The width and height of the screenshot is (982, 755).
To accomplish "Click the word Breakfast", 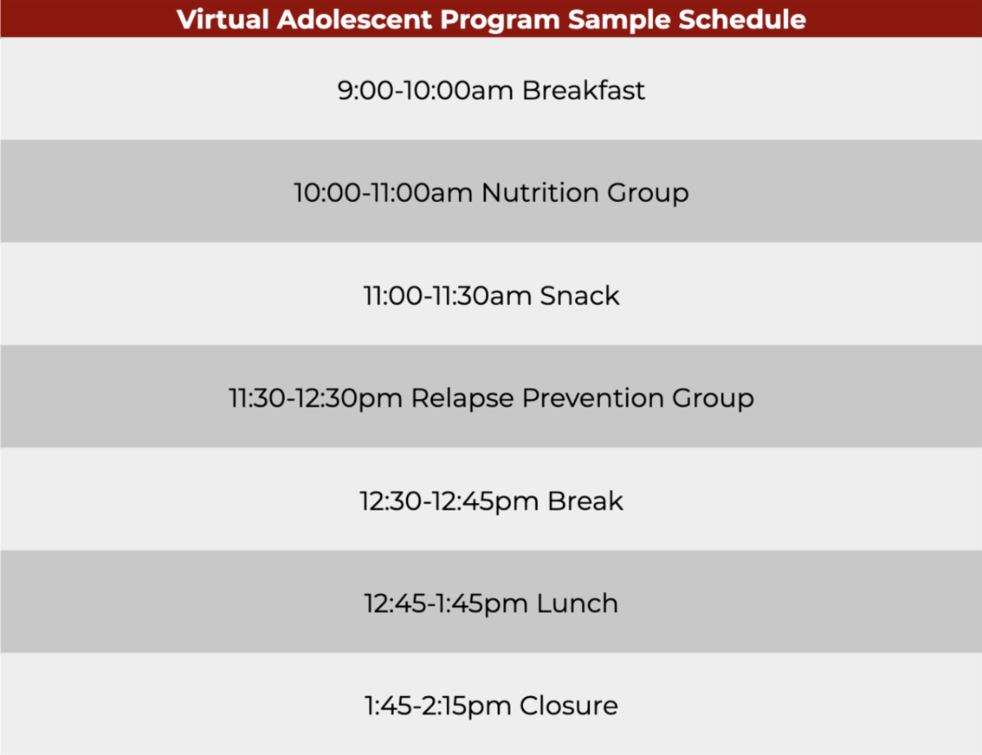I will tap(583, 90).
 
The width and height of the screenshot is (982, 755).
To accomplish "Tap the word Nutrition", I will tap(541, 193).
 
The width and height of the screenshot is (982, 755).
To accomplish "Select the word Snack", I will tap(579, 295).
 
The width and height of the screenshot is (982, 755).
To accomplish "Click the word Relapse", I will tap(462, 398).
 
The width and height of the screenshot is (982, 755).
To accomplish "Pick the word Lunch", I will tap(577, 604).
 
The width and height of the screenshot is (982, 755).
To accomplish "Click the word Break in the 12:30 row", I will tap(585, 501).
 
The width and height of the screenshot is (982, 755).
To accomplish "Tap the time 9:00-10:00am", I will tap(426, 90).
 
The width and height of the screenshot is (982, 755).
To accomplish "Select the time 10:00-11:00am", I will tap(383, 193).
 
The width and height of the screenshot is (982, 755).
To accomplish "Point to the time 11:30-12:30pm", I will tap(315, 398).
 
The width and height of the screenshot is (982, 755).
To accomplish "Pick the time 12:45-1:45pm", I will tap(446, 604).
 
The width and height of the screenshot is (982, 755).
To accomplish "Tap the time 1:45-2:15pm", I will tap(438, 705).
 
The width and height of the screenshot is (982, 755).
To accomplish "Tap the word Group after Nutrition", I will tap(647, 193).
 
